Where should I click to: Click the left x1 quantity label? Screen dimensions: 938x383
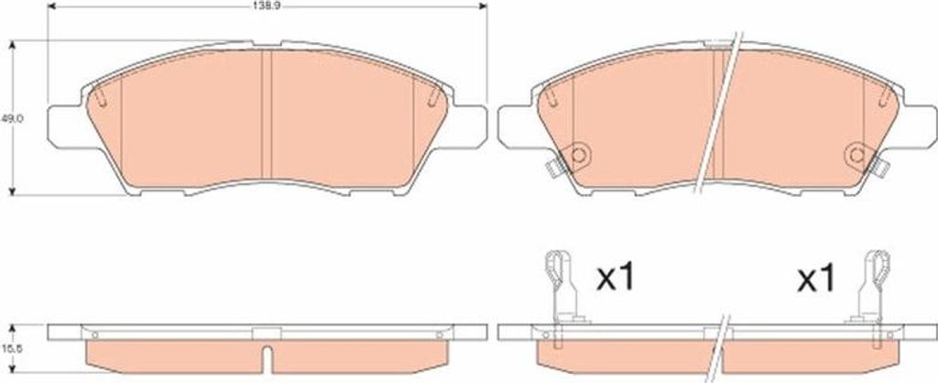[x=617, y=279]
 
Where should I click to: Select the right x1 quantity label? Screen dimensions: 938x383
[x=816, y=279]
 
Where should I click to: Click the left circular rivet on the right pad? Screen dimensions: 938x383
[x=577, y=156]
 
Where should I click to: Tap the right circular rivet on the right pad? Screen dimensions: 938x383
[x=857, y=156]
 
